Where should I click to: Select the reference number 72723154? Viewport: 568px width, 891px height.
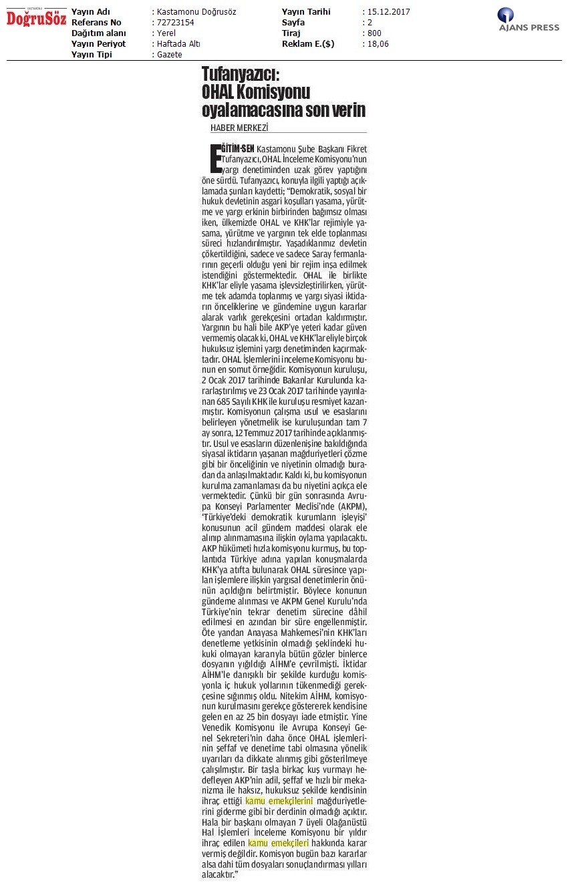click(x=176, y=23)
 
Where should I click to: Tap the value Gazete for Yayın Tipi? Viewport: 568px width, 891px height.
click(x=170, y=55)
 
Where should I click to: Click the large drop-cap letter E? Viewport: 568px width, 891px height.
click(x=214, y=158)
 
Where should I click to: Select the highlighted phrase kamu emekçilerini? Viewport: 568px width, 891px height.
click(x=279, y=800)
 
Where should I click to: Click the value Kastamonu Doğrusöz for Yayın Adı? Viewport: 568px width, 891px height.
click(x=196, y=12)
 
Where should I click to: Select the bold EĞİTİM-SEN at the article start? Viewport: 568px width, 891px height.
click(x=233, y=148)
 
